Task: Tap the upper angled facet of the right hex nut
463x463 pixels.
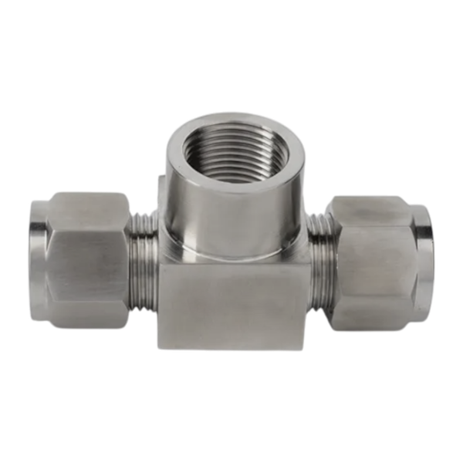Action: (x=370, y=212)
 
